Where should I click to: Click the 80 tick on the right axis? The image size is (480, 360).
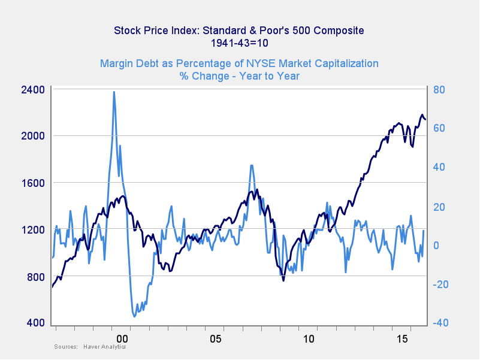pos(439,90)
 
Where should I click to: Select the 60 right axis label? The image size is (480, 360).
pos(439,129)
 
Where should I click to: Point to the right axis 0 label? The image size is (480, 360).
pos(436,246)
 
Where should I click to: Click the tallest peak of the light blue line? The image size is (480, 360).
pos(114,92)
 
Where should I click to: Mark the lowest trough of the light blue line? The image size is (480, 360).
pos(134,316)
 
